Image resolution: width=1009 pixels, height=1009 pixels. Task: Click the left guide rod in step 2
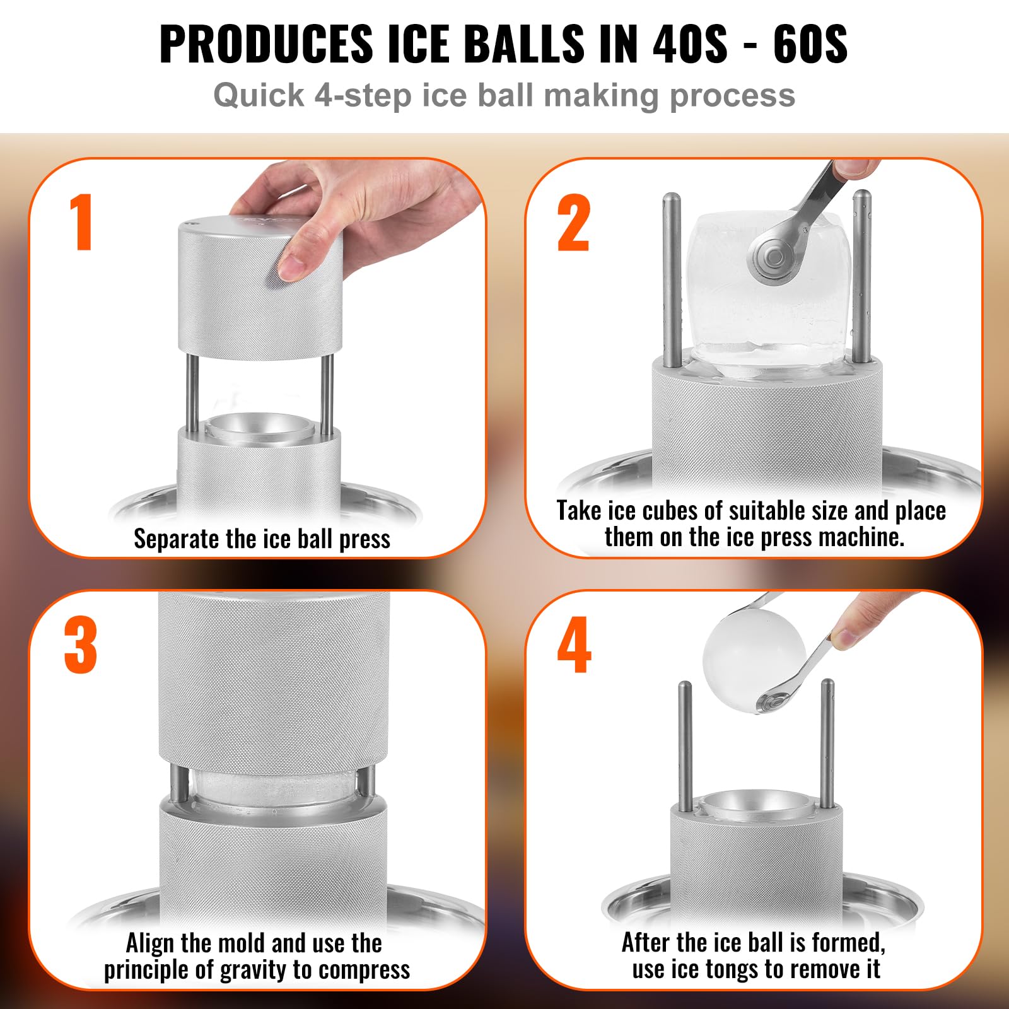tap(672, 277)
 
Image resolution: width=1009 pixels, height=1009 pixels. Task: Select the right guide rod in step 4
tap(827, 744)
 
